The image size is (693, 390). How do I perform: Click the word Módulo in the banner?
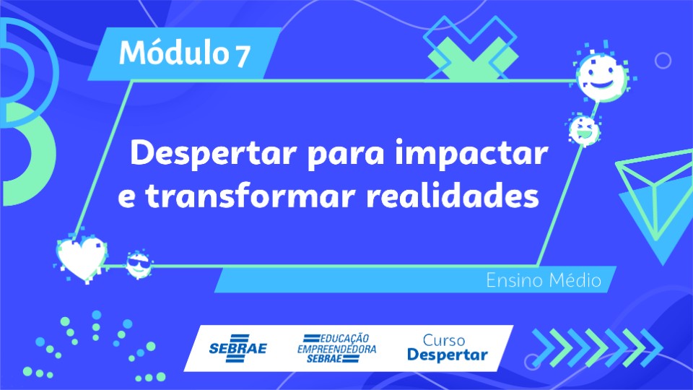click(x=173, y=52)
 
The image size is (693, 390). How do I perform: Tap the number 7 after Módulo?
click(x=243, y=56)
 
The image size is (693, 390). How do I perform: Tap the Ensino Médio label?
click(x=544, y=280)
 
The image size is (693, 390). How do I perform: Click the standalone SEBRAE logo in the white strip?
click(x=237, y=348)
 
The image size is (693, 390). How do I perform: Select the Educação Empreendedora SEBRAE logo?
click(x=337, y=348)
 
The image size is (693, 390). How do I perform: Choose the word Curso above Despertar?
click(x=444, y=340)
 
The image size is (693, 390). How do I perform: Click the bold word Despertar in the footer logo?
click(x=448, y=355)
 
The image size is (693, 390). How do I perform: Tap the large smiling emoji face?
click(x=601, y=76)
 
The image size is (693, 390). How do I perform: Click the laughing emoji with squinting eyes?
click(x=584, y=129)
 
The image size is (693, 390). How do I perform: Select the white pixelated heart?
click(x=82, y=259)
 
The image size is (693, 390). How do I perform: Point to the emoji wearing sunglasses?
click(x=139, y=264)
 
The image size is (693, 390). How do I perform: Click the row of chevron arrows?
click(x=598, y=348)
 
